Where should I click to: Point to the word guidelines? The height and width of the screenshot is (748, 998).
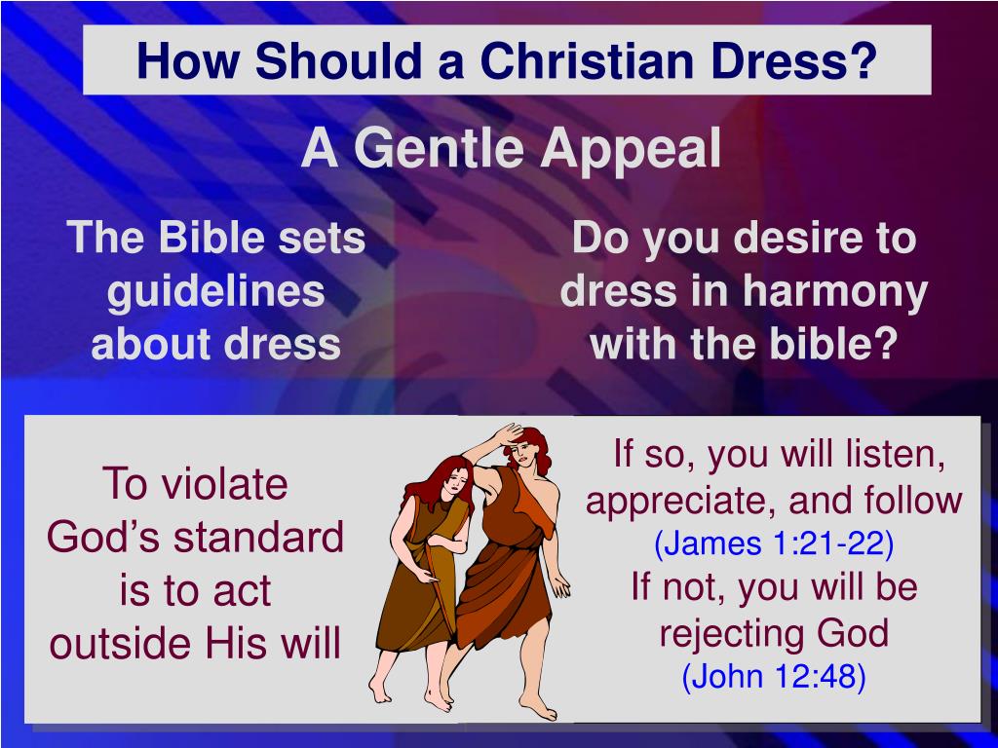215,291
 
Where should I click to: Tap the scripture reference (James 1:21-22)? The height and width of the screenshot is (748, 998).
774,543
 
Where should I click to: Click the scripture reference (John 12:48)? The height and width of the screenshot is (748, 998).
774,677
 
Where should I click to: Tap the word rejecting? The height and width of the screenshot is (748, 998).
731,634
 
